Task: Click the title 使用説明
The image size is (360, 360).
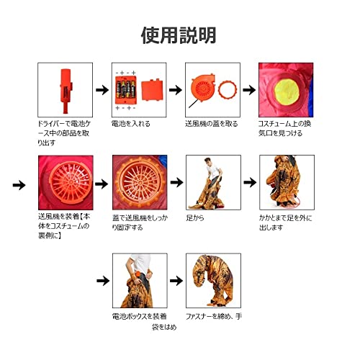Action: pos(179,35)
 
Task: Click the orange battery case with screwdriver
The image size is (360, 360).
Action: pos(66,91)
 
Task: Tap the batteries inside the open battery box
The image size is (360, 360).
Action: pos(126,89)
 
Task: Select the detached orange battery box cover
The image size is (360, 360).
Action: pos(152,89)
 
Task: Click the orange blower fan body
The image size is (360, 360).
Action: pos(202,88)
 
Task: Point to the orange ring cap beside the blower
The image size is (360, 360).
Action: pos(228,90)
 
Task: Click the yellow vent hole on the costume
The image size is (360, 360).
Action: pos(287,91)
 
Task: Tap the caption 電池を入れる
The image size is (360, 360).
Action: pos(131,124)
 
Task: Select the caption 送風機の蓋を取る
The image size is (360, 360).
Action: pos(212,124)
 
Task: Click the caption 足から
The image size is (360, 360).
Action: pos(195,218)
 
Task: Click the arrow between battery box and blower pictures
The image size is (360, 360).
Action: pos(176,90)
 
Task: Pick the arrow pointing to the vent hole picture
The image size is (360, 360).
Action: pos(249,90)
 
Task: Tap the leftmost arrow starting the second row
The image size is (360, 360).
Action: pos(19,185)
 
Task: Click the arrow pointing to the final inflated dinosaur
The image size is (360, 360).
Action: pos(176,281)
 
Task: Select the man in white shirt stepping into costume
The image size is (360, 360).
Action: pos(213,171)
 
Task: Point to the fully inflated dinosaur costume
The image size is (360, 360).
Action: pos(213,280)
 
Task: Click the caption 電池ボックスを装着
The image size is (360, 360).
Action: pos(139,316)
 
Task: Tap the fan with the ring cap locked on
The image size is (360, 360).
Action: pos(140,182)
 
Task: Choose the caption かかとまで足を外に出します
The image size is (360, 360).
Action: pos(286,222)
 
